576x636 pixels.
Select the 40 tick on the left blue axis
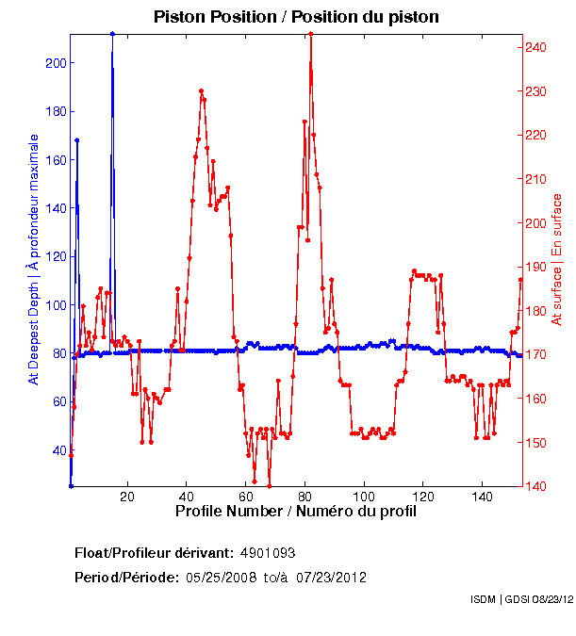pyautogui.click(x=58, y=449)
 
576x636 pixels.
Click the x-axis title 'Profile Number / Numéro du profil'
pyautogui.click(x=295, y=512)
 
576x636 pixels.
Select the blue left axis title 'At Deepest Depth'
pyautogui.click(x=34, y=259)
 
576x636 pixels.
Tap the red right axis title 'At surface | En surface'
pyautogui.click(x=557, y=259)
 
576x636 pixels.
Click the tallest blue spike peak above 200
pyautogui.click(x=112, y=33)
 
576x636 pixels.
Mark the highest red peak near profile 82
pyautogui.click(x=310, y=33)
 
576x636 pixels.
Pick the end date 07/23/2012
pyautogui.click(x=333, y=577)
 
